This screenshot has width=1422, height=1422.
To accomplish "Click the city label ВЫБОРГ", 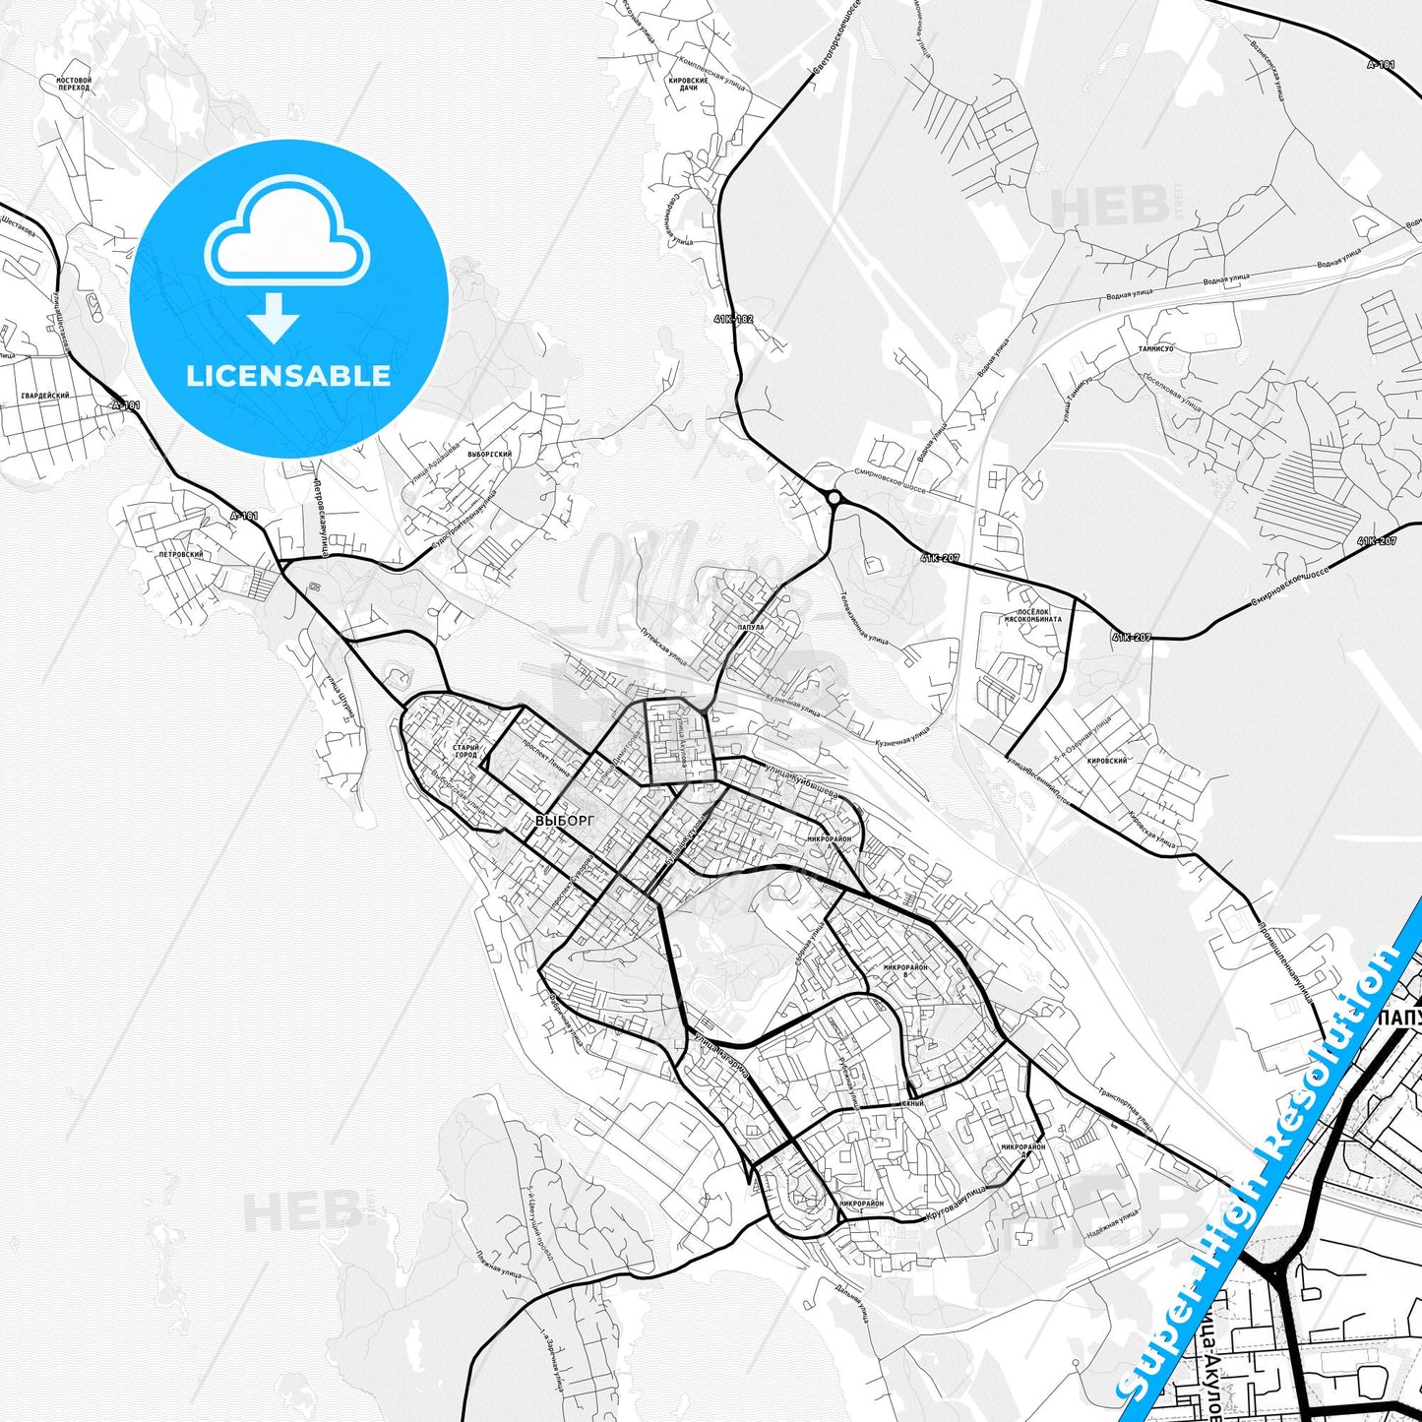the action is click(565, 819).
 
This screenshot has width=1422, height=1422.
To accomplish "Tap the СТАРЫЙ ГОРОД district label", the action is click(465, 751).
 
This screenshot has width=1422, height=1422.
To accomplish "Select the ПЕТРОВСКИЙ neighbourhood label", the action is click(181, 554).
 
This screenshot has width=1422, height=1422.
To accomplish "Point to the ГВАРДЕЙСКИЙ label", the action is click(45, 395).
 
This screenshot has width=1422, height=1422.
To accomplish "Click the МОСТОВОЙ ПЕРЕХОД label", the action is click(74, 84).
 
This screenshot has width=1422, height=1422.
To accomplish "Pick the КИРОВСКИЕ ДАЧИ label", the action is click(688, 84).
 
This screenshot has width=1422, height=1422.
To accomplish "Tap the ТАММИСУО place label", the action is click(1155, 348).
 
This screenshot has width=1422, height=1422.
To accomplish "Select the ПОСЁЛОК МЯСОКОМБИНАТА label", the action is click(1032, 615).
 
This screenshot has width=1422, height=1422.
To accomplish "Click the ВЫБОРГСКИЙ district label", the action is click(489, 455).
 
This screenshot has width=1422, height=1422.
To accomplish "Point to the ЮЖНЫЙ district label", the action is click(912, 1104).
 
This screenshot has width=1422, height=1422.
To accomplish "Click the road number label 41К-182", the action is click(733, 319).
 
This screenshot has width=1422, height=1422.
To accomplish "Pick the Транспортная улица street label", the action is click(1126, 1106).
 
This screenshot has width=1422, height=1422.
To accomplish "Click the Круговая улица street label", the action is click(956, 1204).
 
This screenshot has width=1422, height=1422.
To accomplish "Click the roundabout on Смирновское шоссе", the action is click(835, 498).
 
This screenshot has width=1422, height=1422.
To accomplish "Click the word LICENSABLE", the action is click(288, 375).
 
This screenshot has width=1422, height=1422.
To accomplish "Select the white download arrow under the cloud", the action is click(274, 316).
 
